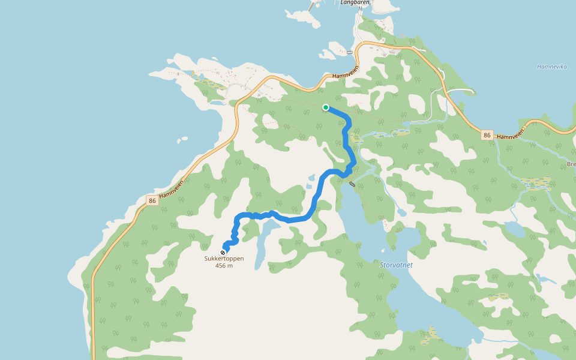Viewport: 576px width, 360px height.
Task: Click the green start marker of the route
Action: pyautogui.click(x=326, y=107)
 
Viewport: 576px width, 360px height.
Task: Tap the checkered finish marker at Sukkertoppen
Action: pyautogui.click(x=223, y=253)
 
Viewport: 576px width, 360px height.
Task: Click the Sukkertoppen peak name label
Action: pyautogui.click(x=224, y=259)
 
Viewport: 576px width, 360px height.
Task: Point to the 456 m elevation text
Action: pyautogui.click(x=224, y=266)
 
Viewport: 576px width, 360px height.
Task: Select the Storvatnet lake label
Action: pyautogui.click(x=397, y=265)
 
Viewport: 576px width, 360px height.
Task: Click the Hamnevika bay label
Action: pyautogui.click(x=552, y=67)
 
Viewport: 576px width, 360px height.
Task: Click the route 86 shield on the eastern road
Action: pyautogui.click(x=487, y=136)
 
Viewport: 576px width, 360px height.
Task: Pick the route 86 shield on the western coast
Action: pyautogui.click(x=152, y=200)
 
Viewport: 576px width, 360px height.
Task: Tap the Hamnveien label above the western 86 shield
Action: pyautogui.click(x=173, y=185)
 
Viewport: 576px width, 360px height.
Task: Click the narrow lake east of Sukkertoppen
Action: pyautogui.click(x=262, y=243)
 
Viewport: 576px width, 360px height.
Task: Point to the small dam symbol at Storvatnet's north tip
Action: pyautogui.click(x=352, y=184)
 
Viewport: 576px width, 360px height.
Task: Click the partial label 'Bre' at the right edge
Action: pyautogui.click(x=571, y=164)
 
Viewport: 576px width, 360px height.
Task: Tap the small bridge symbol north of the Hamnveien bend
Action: pyautogui.click(x=349, y=53)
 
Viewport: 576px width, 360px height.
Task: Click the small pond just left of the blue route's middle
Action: pyautogui.click(x=311, y=178)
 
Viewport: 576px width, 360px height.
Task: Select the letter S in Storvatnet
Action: pyautogui.click(x=382, y=265)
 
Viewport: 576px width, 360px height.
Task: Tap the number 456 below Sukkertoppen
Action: pyautogui.click(x=220, y=266)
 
